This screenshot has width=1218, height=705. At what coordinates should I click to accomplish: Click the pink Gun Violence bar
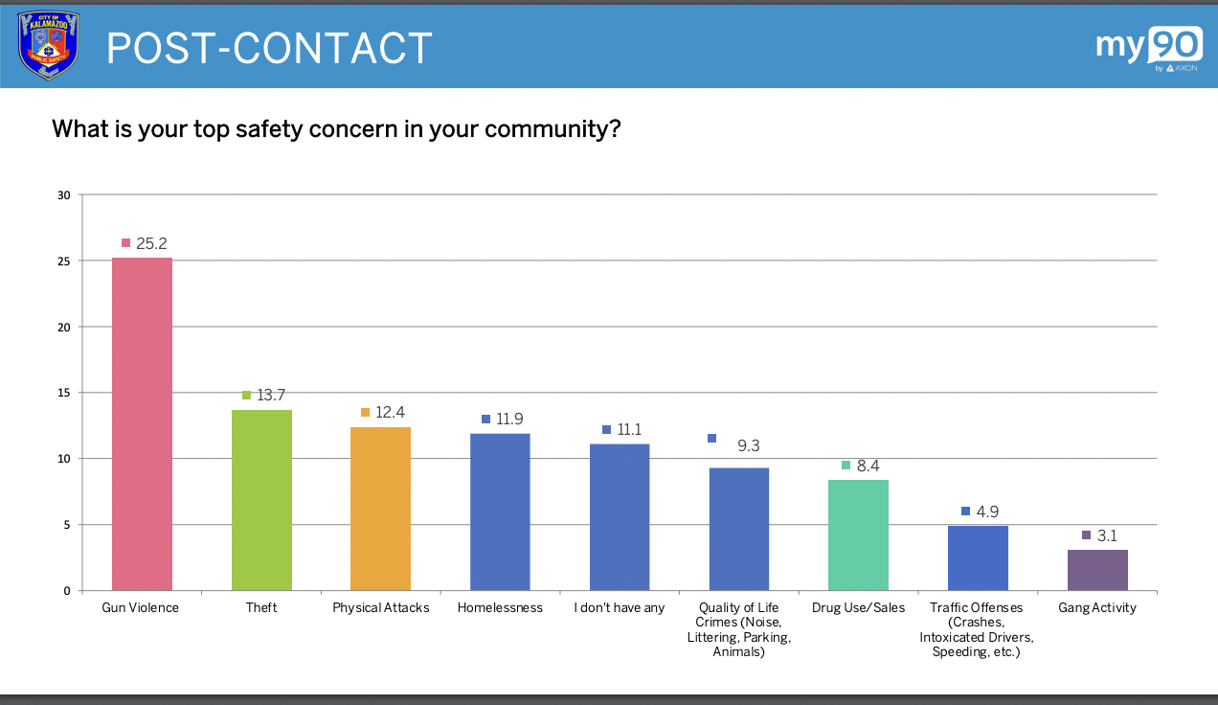142,423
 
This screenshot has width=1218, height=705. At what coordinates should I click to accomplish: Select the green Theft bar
261,500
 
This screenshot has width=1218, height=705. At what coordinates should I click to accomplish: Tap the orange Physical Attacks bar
380,509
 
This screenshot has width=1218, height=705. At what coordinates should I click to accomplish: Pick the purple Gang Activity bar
1097,570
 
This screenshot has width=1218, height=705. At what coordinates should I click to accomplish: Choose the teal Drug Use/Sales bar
858,534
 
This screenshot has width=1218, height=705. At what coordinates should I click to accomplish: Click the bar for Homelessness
500,512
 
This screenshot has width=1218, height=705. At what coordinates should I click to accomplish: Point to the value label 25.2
151,243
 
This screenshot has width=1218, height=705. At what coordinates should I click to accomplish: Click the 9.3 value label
748,445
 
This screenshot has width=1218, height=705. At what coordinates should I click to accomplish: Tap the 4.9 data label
987,512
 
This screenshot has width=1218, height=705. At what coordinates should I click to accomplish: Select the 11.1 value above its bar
629,430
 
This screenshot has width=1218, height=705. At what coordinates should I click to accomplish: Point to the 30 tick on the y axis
64,195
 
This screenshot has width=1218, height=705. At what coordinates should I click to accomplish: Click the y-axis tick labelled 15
64,393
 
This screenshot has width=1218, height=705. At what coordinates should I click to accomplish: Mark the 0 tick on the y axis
67,591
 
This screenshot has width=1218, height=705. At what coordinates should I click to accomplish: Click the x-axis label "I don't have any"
619,608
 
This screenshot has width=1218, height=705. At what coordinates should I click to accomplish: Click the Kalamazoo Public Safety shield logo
48,45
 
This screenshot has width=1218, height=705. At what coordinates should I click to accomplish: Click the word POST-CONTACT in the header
269,48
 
